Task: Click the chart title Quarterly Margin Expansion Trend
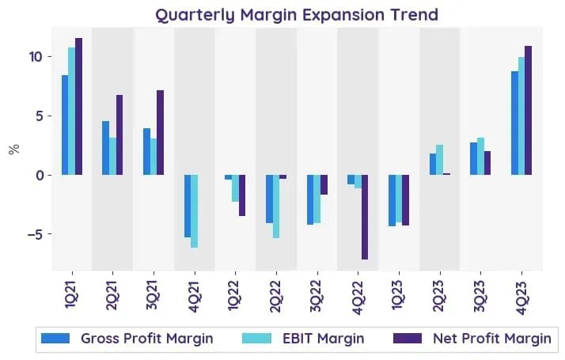[x=297, y=15]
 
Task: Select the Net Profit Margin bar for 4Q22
[x=365, y=217]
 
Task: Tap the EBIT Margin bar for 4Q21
[x=195, y=211]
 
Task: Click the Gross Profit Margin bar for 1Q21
[x=65, y=125]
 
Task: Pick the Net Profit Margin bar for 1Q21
[x=79, y=107]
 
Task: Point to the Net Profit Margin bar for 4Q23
[x=529, y=111]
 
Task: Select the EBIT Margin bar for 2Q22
[x=276, y=207]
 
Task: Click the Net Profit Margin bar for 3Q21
[x=161, y=133]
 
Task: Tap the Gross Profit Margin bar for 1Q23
[x=392, y=200]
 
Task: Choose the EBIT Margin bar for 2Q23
[x=440, y=160]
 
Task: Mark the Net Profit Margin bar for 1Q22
[x=242, y=195]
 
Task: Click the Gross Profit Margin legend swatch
[x=55, y=339]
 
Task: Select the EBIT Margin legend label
[x=323, y=339]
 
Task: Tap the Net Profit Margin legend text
[x=492, y=339]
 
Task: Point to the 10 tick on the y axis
[x=36, y=57]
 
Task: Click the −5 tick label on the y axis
[x=36, y=234]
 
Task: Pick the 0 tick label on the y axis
[x=40, y=176]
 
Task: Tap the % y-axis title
[x=13, y=150]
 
